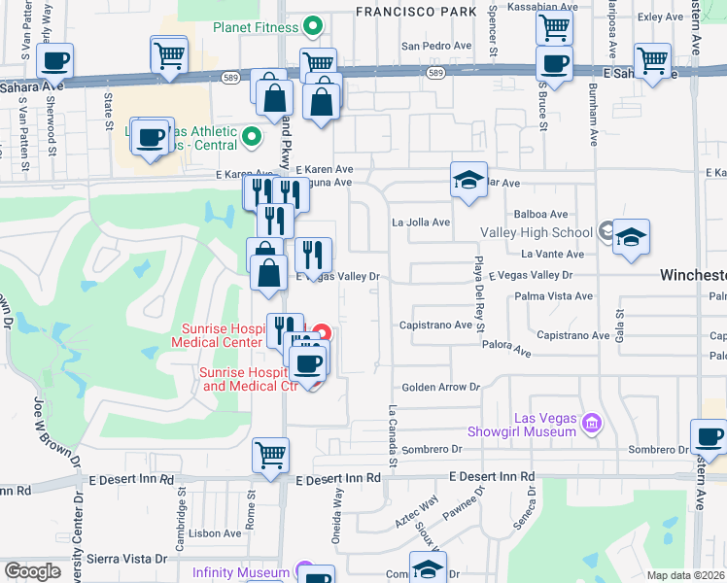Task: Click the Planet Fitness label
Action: pyautogui.click(x=255, y=26)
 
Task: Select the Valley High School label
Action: pyautogui.click(x=536, y=232)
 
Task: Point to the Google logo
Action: pyautogui.click(x=31, y=570)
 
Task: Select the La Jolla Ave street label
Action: pyautogui.click(x=421, y=222)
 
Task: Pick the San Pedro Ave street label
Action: pyautogui.click(x=435, y=46)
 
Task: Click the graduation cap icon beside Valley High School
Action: pyautogui.click(x=631, y=236)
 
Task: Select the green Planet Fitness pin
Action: pyautogui.click(x=314, y=26)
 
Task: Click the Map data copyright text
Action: pyautogui.click(x=686, y=575)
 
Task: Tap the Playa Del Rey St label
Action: pyautogui.click(x=479, y=291)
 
